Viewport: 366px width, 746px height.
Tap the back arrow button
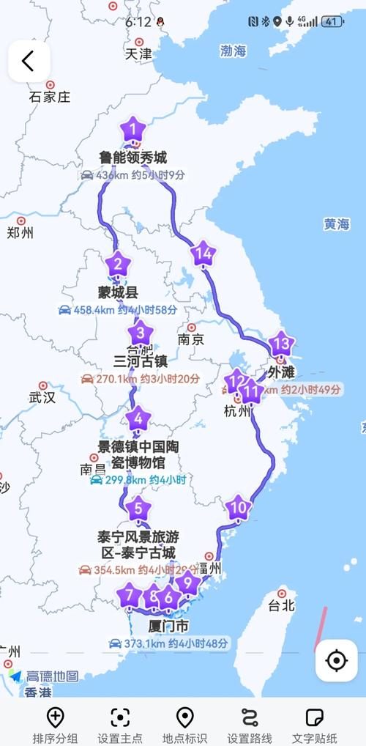click(29, 61)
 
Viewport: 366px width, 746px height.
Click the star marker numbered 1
click(132, 130)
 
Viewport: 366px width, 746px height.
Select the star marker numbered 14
click(203, 254)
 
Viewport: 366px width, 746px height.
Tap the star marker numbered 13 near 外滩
click(280, 343)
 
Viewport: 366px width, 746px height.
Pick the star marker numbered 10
click(237, 506)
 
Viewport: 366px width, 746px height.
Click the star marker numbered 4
click(138, 420)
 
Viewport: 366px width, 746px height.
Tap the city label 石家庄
click(49, 96)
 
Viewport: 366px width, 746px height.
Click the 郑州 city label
click(20, 232)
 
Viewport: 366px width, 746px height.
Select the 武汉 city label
click(42, 397)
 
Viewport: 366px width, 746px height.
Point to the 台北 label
click(281, 605)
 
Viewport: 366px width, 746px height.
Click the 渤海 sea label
click(234, 51)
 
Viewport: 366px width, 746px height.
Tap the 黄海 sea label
click(337, 224)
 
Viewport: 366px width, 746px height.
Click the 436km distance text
click(112, 176)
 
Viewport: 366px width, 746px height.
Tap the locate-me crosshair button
click(336, 660)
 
